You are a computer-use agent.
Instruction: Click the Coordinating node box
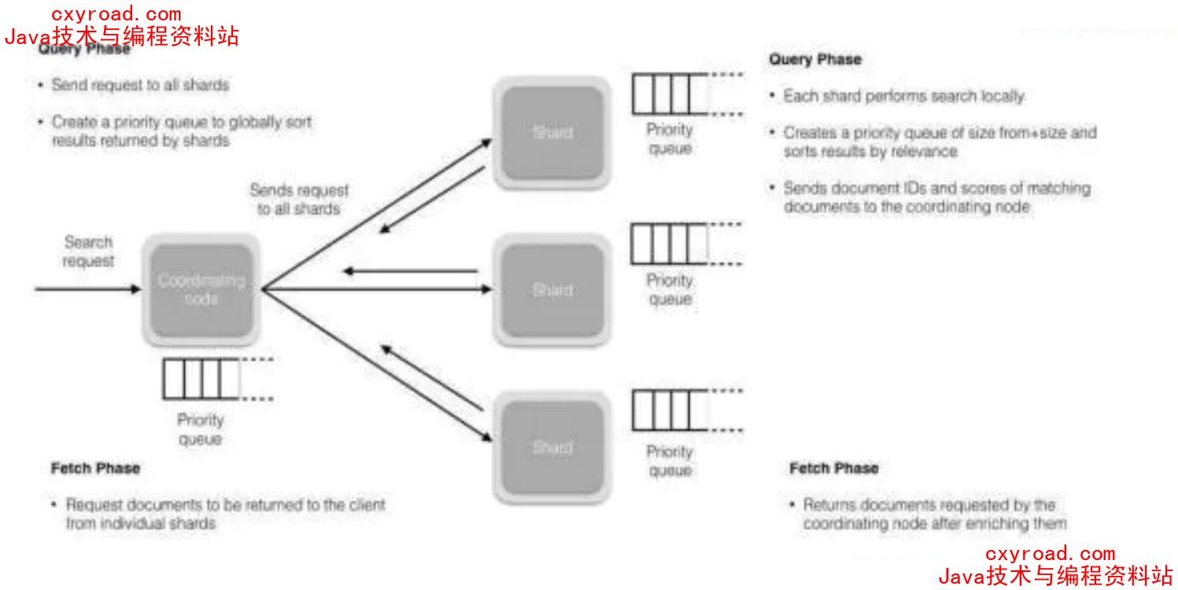[x=201, y=289]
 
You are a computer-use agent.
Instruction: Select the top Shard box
[x=552, y=132]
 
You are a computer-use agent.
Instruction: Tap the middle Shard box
[x=552, y=289]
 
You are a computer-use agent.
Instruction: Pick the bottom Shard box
[x=552, y=447]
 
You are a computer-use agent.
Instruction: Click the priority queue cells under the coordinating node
[x=201, y=378]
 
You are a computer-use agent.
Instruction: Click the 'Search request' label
[x=88, y=252]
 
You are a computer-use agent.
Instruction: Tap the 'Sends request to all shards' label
[x=299, y=200]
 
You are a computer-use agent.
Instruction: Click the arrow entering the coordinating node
[x=87, y=289]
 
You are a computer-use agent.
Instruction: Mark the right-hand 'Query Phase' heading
[x=815, y=60]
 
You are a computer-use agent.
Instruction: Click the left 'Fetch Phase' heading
[x=95, y=469]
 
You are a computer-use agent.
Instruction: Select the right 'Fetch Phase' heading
[x=834, y=469]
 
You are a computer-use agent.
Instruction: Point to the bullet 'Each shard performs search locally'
[x=903, y=97]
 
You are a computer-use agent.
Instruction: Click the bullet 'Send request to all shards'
[x=140, y=85]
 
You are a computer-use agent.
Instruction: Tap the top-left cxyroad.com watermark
[x=116, y=14]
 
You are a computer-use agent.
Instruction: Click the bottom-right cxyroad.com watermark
[x=1050, y=554]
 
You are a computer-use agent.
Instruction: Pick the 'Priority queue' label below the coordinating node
[x=200, y=430]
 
